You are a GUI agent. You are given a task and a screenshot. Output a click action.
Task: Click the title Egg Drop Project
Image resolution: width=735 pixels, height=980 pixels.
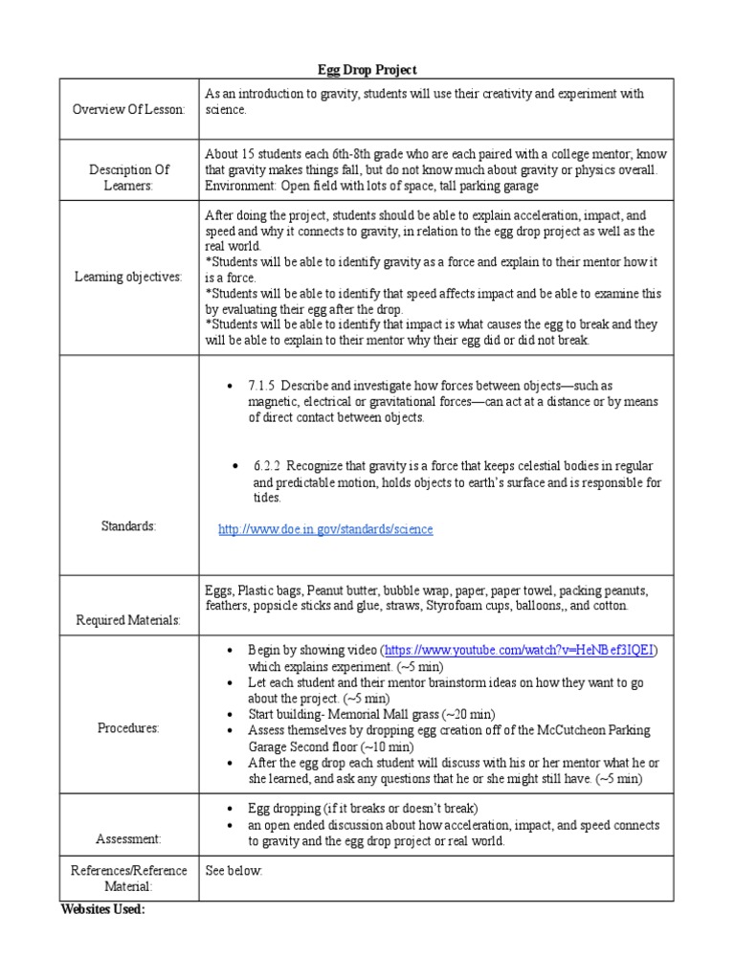367,70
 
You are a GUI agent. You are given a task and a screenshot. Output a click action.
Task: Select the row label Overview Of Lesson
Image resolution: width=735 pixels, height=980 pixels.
128,110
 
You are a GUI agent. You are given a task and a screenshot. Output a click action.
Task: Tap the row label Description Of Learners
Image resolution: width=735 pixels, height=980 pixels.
128,177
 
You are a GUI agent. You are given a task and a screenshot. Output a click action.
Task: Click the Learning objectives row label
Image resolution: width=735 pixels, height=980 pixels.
128,278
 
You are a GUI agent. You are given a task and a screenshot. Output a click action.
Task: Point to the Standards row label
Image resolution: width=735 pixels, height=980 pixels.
128,526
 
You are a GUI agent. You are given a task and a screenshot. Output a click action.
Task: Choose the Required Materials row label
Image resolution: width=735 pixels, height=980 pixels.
128,621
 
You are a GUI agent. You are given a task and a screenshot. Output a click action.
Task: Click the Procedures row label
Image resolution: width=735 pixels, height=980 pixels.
128,728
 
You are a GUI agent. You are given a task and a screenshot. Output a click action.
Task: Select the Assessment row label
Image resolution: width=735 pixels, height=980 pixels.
128,839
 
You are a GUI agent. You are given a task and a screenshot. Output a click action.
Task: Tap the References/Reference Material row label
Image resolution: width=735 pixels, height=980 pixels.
128,879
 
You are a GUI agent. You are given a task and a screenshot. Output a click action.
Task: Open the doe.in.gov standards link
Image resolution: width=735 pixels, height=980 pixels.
325,529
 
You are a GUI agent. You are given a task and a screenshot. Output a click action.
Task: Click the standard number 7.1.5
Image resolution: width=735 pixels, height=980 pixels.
263,386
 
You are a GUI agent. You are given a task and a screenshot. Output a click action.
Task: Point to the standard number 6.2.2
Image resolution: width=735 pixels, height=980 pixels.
269,466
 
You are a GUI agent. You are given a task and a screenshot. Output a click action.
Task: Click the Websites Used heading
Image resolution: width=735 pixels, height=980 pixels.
103,909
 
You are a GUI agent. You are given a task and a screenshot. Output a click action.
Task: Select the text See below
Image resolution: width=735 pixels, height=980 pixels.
234,871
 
